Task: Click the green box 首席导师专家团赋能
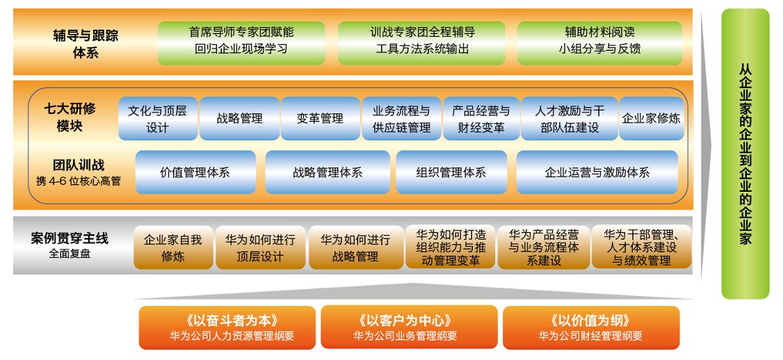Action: pos(241,41)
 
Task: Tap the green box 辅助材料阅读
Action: pos(599,41)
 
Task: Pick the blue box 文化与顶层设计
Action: pos(157,119)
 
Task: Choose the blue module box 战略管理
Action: pos(239,119)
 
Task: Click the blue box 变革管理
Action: pos(320,119)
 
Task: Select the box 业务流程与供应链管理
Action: pos(401,119)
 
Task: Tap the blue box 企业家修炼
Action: pos(652,119)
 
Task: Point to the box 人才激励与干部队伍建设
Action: pos(569,119)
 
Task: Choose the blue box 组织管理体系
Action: pos(451,172)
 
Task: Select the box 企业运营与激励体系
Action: pos(597,172)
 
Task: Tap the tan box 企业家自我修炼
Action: pos(172,247)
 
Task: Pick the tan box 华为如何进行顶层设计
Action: pos(260,247)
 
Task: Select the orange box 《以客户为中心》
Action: pos(409,327)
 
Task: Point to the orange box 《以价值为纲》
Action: pos(590,327)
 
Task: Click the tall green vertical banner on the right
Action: pos(745,154)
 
